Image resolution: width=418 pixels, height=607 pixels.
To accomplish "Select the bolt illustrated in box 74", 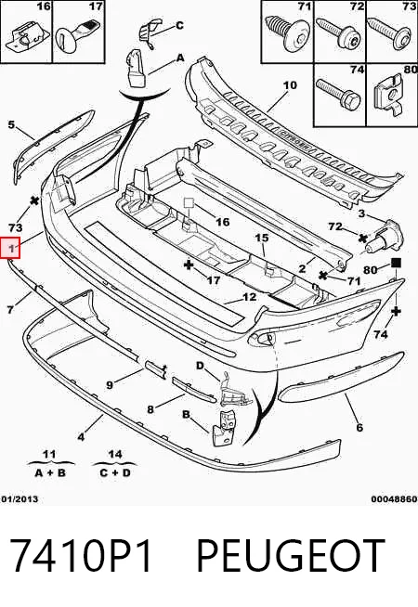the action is click(x=339, y=94).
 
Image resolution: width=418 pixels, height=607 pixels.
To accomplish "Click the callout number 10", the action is click(x=290, y=84).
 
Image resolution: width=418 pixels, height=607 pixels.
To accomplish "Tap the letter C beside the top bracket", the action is click(x=179, y=26).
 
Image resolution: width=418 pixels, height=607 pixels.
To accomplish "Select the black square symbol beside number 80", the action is click(x=396, y=264).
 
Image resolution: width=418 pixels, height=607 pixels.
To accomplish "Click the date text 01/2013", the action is click(x=20, y=499).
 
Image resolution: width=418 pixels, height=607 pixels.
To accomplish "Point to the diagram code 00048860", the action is click(x=394, y=499).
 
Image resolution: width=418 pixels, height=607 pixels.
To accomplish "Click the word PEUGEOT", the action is click(x=291, y=556).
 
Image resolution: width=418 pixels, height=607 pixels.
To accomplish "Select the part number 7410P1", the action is click(x=80, y=556).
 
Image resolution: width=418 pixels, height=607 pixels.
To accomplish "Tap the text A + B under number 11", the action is click(x=50, y=472).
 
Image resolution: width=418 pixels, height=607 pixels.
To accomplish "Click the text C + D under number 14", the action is click(x=115, y=472).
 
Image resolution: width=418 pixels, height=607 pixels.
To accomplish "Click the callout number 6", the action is click(x=359, y=427).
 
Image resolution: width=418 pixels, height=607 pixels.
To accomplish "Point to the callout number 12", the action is click(x=250, y=296).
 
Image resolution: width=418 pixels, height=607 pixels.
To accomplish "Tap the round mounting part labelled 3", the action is click(x=385, y=236).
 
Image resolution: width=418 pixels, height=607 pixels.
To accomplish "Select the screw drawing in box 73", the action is click(x=390, y=32).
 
